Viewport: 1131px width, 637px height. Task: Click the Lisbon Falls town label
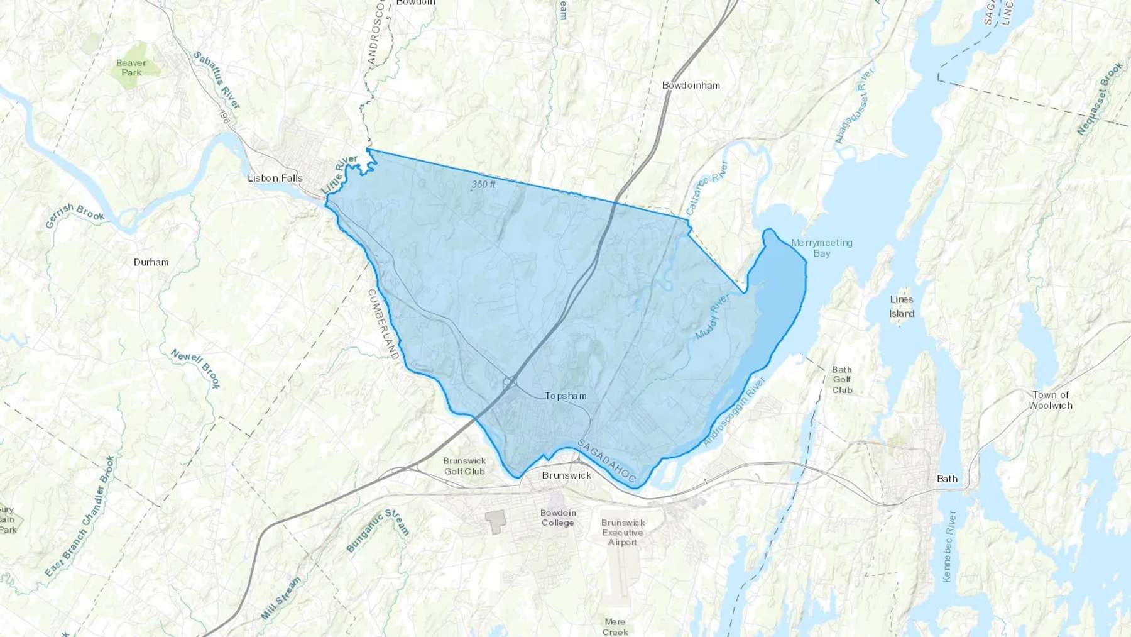(275, 178)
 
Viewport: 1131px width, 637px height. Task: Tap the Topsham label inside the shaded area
(565, 396)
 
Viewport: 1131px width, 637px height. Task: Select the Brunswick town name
(566, 475)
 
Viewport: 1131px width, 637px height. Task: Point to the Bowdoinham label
(691, 86)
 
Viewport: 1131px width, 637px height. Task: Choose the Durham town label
(151, 262)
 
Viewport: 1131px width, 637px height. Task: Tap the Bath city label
(947, 479)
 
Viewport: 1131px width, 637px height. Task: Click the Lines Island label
(902, 306)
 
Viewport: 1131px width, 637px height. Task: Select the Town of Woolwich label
(1050, 400)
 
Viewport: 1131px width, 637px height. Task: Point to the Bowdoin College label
(557, 518)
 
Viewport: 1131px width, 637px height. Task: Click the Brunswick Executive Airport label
(622, 532)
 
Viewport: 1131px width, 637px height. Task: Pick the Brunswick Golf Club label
(464, 466)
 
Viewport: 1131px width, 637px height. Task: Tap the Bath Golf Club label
(842, 380)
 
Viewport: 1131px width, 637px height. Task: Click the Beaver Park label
(131, 67)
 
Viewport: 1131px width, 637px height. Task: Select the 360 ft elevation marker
(483, 184)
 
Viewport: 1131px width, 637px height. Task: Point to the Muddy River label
(713, 318)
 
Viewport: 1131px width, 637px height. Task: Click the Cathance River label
(707, 188)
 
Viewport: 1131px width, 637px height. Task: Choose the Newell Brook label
(196, 368)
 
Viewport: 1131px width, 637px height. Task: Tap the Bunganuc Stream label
(378, 531)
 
